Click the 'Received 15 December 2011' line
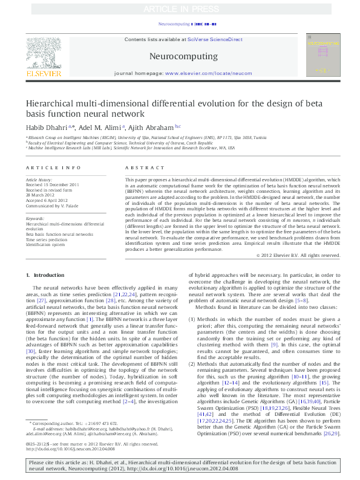[x=52, y=184]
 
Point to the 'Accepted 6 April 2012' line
[x=47, y=199]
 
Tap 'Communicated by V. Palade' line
[x=53, y=204]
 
